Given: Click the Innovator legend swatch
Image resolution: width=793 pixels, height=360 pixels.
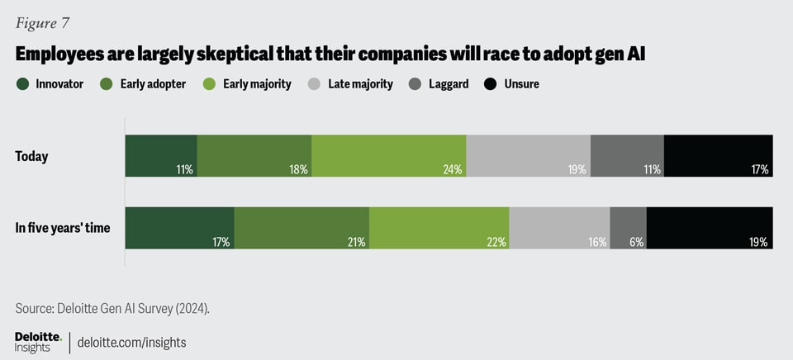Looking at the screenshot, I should tap(21, 83).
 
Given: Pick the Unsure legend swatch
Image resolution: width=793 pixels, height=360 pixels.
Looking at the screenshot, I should tap(490, 83).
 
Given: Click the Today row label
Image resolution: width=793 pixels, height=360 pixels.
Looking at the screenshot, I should tap(31, 156).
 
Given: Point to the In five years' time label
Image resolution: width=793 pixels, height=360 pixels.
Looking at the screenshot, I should tap(63, 228).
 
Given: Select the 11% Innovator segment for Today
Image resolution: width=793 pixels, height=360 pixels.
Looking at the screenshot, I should tap(161, 155).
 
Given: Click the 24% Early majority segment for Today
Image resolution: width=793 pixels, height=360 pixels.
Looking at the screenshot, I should tap(388, 155).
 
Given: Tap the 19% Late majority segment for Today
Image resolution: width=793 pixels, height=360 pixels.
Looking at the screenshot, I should tap(529, 155).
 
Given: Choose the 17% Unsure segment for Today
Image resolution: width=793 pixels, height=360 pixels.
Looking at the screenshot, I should tap(718, 155).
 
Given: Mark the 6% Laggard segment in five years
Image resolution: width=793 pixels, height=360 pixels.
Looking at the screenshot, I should tap(628, 228).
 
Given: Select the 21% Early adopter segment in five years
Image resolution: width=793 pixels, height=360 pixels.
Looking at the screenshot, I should tap(302, 228).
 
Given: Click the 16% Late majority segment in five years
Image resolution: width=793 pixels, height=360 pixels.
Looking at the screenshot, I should tap(559, 228).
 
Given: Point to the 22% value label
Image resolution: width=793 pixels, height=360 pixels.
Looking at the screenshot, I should tap(497, 242).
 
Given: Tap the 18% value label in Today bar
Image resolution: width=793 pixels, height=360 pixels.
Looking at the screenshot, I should tap(299, 169).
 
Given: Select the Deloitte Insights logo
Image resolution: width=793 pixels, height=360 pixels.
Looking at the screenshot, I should tap(38, 341).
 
